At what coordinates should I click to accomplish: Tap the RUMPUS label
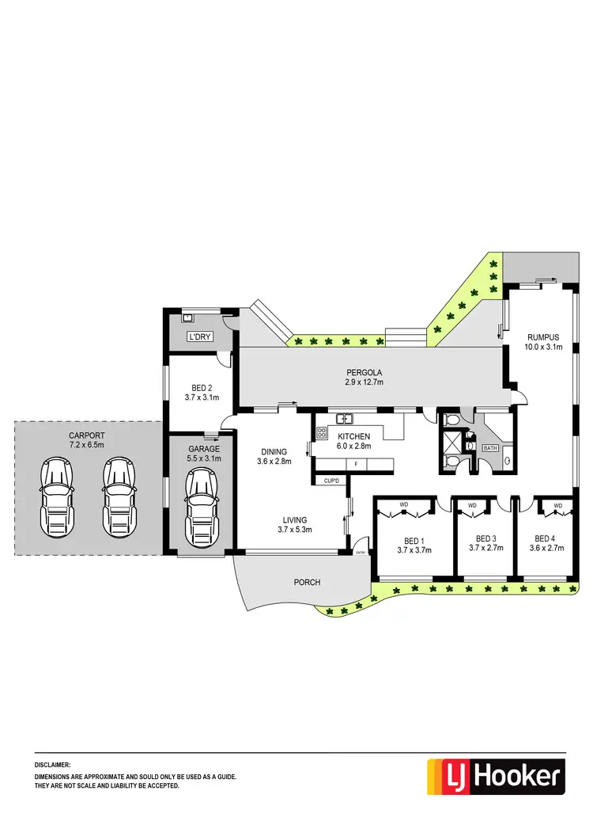(x=543, y=336)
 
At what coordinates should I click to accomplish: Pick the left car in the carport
(x=57, y=497)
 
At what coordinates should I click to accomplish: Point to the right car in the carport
(x=118, y=497)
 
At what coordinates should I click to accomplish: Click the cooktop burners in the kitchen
(x=322, y=432)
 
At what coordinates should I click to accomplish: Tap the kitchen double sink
(x=345, y=419)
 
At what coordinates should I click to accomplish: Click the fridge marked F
(x=356, y=463)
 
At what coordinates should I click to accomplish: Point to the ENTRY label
(x=361, y=553)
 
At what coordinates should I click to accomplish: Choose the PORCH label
(x=308, y=582)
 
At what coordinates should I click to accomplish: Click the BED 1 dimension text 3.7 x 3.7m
(x=410, y=549)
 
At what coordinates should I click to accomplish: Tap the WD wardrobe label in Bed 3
(x=472, y=504)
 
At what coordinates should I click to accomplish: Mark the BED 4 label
(x=547, y=538)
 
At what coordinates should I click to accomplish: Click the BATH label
(x=490, y=448)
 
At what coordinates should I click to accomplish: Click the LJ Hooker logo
(x=496, y=776)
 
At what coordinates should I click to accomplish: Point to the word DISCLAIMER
(x=53, y=766)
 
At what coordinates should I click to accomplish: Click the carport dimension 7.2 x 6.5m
(x=86, y=445)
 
